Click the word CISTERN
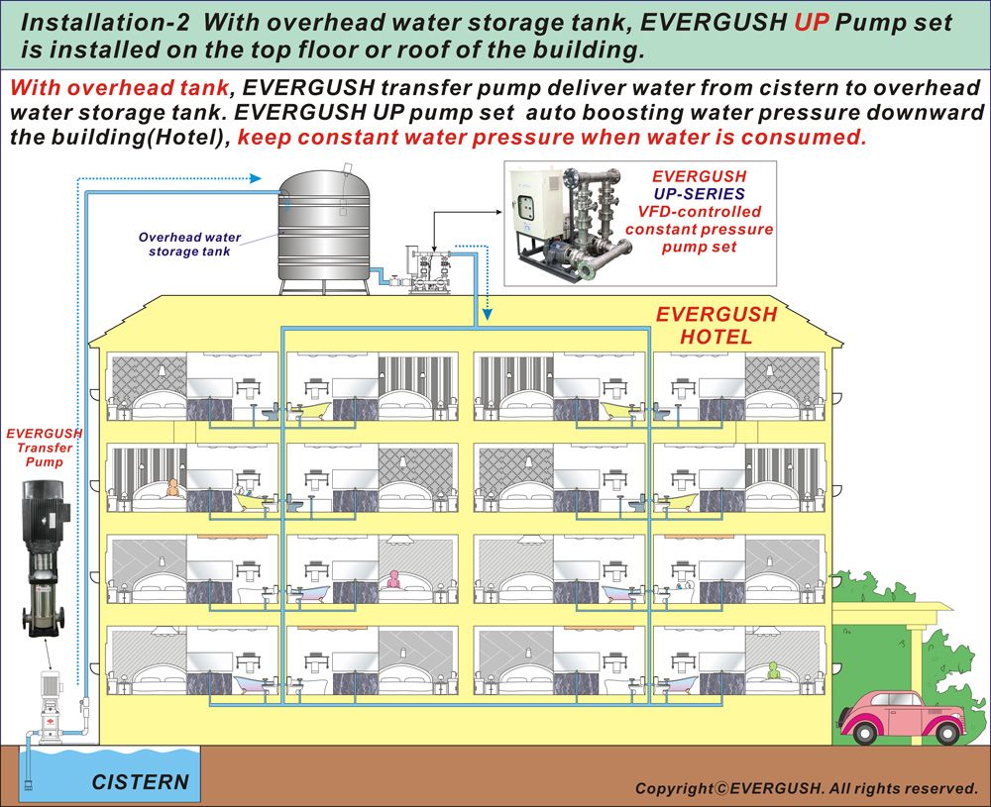click(x=140, y=781)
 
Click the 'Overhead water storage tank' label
click(x=189, y=244)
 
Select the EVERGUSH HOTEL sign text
click(x=716, y=325)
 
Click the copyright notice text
click(x=806, y=788)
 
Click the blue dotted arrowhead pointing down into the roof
click(x=488, y=320)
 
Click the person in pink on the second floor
click(x=397, y=579)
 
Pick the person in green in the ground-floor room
click(x=774, y=671)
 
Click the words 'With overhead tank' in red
click(x=119, y=87)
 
